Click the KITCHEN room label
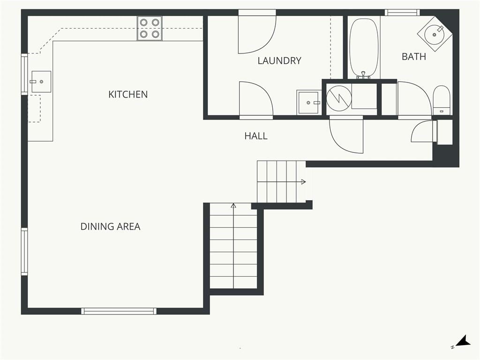click(x=128, y=94)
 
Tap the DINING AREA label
click(x=110, y=226)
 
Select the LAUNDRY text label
click(x=279, y=60)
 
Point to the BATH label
click(x=414, y=57)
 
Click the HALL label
click(x=256, y=136)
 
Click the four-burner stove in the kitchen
click(x=150, y=29)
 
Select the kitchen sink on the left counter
click(x=41, y=82)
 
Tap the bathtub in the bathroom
click(x=364, y=48)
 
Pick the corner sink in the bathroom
click(x=435, y=34)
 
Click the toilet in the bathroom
click(x=442, y=100)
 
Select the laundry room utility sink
click(x=309, y=102)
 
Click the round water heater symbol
click(x=338, y=98)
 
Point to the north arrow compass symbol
click(x=462, y=342)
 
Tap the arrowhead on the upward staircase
click(x=233, y=205)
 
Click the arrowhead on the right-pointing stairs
click(x=303, y=182)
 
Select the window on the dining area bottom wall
click(x=119, y=311)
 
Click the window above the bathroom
click(x=402, y=13)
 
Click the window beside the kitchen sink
click(x=24, y=75)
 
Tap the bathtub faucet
click(x=363, y=75)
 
